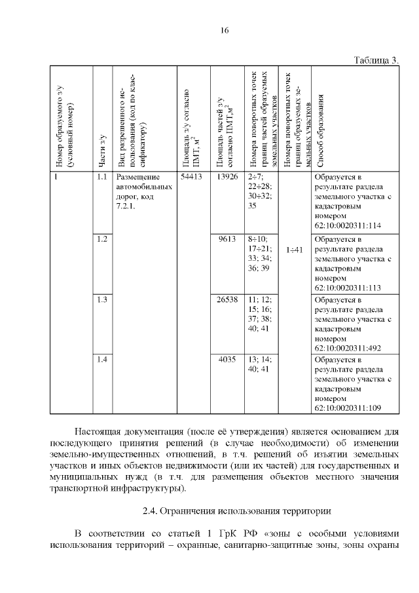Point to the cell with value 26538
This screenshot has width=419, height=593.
click(x=227, y=299)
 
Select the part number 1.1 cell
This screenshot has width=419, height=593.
click(x=101, y=177)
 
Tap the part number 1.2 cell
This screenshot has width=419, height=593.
click(x=101, y=239)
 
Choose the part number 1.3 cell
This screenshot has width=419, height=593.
click(x=101, y=299)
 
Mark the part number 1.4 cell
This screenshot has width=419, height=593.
click(x=101, y=360)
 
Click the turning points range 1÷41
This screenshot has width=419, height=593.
click(x=295, y=250)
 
